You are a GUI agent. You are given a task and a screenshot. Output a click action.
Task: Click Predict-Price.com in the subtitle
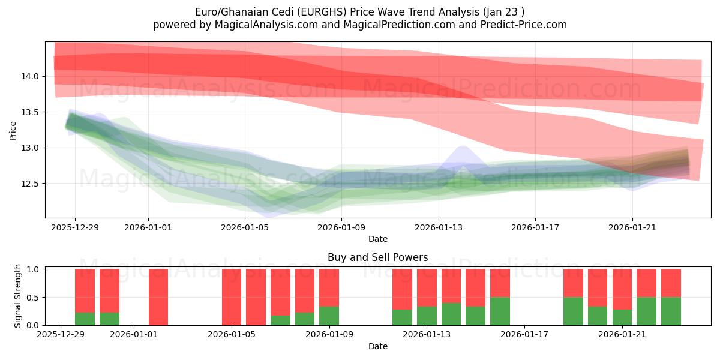521,25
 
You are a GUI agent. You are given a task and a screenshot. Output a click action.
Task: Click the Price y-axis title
13,130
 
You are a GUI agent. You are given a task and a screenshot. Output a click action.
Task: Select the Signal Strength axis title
18,296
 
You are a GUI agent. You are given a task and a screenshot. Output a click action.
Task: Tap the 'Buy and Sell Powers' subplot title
377,257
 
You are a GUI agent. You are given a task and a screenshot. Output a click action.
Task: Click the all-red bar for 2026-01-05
232,297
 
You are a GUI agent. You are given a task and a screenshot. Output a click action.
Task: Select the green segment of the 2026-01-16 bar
500,311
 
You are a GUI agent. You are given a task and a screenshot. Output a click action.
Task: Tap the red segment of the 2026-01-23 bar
671,283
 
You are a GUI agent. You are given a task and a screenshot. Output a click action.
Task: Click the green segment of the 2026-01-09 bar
329,316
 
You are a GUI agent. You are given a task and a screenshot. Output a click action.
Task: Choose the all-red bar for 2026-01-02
158,297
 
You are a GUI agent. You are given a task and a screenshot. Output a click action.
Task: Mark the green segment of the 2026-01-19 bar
573,311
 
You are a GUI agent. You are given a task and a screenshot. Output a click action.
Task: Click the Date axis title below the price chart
377,239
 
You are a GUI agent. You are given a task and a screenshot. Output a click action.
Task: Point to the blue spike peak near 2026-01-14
462,146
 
